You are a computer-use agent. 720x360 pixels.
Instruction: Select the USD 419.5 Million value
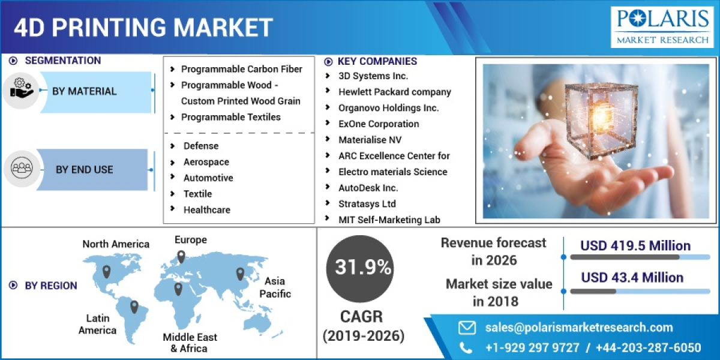(x=635, y=245)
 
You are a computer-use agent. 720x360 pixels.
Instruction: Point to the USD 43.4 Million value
(x=632, y=277)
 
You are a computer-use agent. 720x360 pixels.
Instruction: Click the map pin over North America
(x=107, y=271)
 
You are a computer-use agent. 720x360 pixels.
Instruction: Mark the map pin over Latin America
(x=134, y=307)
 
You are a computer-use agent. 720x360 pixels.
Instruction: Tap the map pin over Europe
(x=181, y=257)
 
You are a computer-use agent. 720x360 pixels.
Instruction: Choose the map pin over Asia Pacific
(x=241, y=274)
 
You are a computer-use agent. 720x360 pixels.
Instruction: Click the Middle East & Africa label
(x=190, y=343)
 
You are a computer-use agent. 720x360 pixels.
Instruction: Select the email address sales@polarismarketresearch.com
(x=579, y=327)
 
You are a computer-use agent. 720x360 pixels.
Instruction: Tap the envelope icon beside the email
(x=467, y=327)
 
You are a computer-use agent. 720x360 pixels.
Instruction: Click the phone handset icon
(x=466, y=347)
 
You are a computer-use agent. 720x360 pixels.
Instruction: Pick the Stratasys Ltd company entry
(x=367, y=204)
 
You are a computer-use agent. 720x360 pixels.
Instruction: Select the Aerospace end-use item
(x=206, y=162)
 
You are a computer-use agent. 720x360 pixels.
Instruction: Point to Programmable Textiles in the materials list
(x=230, y=117)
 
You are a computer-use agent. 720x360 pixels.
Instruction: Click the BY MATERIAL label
(x=84, y=91)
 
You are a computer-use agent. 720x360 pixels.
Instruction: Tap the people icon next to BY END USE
(x=21, y=169)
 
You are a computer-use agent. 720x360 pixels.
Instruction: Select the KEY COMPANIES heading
(x=377, y=61)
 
